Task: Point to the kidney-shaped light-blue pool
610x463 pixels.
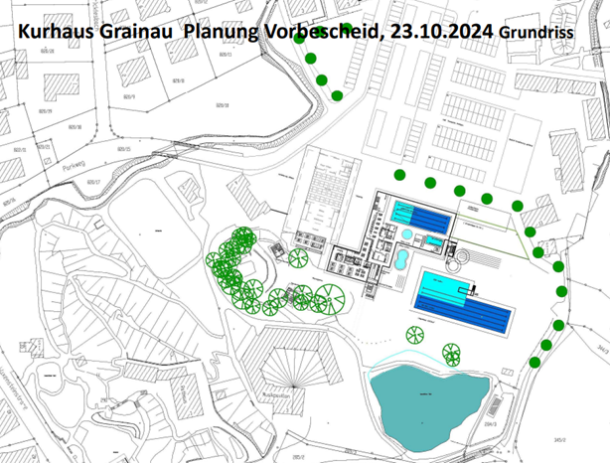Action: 398,261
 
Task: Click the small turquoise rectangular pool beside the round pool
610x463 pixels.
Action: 433,241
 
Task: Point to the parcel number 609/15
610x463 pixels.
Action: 125,149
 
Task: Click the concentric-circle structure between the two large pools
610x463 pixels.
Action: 458,261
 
